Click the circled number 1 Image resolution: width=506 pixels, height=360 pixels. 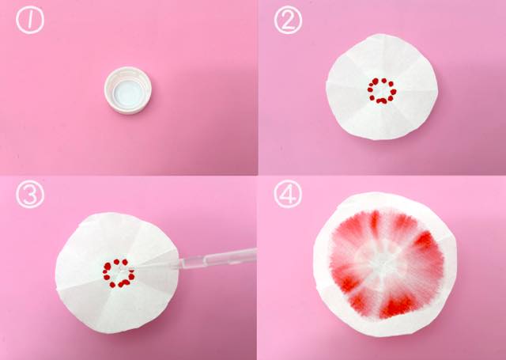point(30,20)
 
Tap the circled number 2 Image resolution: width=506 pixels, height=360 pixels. point(288,20)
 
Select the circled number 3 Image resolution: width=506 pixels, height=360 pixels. point(30,194)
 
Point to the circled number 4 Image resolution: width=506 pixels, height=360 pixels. point(288,194)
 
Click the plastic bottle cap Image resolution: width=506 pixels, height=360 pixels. point(128,90)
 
